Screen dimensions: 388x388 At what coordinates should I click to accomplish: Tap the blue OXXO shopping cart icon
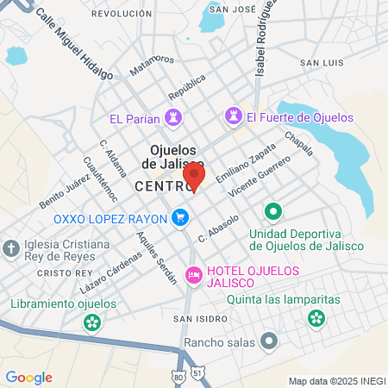pyautogui.click(x=179, y=217)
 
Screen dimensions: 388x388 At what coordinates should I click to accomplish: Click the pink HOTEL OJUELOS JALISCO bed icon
pyautogui.click(x=194, y=275)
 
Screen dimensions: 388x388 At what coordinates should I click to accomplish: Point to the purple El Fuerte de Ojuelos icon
pyautogui.click(x=233, y=116)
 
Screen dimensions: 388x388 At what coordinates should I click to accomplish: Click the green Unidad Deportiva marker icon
pyautogui.click(x=273, y=211)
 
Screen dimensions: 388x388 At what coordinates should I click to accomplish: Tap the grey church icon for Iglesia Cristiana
pyautogui.click(x=11, y=250)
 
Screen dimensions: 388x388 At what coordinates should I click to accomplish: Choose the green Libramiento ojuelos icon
pyautogui.click(x=91, y=322)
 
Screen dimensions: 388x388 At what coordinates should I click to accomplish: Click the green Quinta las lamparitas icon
pyautogui.click(x=316, y=319)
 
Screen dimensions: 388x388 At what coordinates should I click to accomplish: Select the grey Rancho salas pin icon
pyautogui.click(x=269, y=342)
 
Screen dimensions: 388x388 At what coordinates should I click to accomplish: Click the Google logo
pyautogui.click(x=28, y=378)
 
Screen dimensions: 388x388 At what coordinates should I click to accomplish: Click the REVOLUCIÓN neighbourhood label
pyautogui.click(x=121, y=14)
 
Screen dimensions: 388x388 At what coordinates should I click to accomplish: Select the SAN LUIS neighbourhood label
pyautogui.click(x=322, y=63)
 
